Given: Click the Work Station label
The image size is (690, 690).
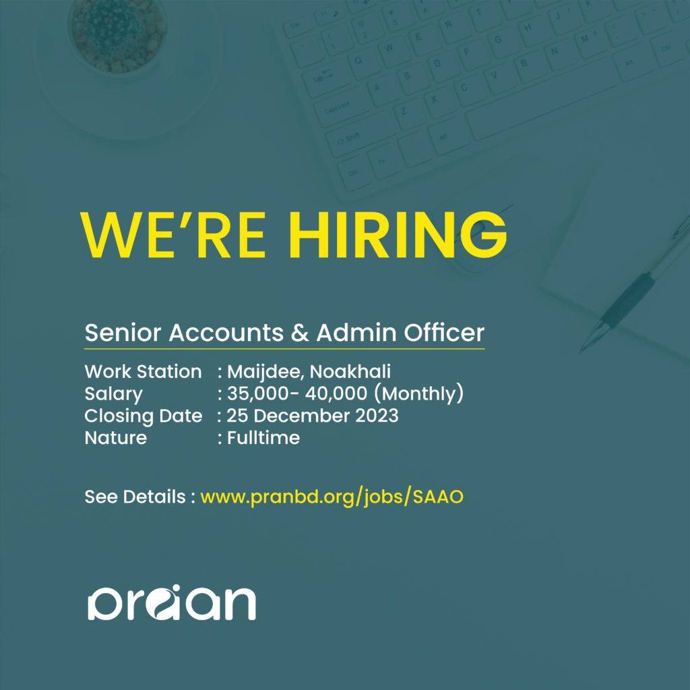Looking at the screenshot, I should [143, 371].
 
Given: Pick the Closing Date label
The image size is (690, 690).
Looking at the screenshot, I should [143, 416].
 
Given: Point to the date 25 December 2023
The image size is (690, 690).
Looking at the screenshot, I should [313, 416].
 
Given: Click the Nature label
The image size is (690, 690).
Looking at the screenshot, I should [115, 438].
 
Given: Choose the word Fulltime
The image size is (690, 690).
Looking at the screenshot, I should [263, 438].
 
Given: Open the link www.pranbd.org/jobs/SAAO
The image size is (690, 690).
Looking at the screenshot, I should [332, 497].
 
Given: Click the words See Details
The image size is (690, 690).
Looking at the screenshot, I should [135, 497].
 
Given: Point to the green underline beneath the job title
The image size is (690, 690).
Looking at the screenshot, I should [284, 348].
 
